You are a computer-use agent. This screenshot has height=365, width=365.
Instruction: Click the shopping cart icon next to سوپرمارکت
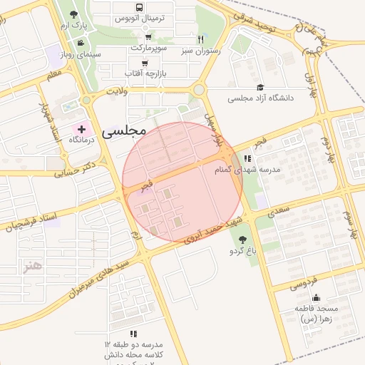click(x=148, y=37)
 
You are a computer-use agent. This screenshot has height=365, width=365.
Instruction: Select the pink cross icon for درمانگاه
click(x=81, y=129)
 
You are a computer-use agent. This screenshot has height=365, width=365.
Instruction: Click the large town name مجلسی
click(x=124, y=130)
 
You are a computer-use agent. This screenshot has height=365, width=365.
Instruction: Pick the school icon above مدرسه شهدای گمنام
click(x=247, y=159)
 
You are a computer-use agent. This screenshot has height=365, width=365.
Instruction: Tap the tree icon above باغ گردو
click(x=242, y=240)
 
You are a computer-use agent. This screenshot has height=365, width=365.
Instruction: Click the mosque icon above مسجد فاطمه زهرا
click(x=316, y=297)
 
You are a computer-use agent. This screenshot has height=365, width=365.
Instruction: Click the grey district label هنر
click(x=32, y=265)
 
